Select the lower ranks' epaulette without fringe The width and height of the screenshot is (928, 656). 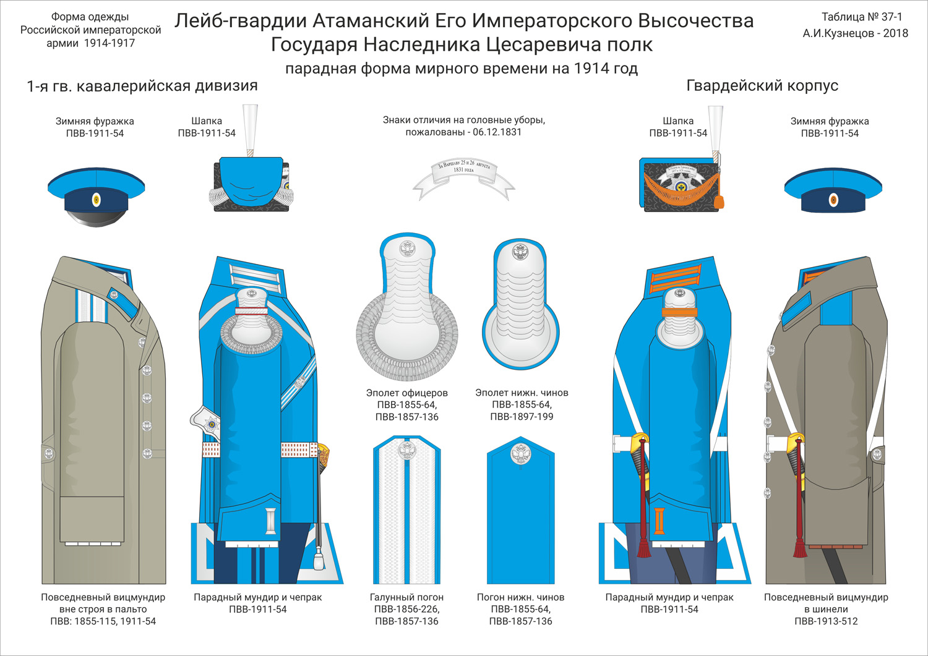[x=520, y=303]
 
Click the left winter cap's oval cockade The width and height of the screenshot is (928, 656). [x=96, y=199]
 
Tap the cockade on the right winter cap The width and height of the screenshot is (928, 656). [x=833, y=200]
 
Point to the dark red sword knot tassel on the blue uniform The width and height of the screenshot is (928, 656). [x=644, y=544]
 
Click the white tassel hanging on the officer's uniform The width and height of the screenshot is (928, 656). [x=319, y=559]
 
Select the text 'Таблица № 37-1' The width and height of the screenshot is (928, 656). [x=861, y=17]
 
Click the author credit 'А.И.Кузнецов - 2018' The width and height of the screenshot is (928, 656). [x=855, y=33]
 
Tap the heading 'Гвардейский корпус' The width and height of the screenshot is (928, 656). [x=762, y=86]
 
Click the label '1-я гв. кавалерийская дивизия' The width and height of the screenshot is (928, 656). [x=142, y=86]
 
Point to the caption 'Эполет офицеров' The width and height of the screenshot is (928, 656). [x=406, y=393]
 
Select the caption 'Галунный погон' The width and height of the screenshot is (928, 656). [x=406, y=597]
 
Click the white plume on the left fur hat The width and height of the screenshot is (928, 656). [x=251, y=127]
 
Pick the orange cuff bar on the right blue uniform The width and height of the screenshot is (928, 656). [x=659, y=520]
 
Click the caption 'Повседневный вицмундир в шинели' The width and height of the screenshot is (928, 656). [x=826, y=603]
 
